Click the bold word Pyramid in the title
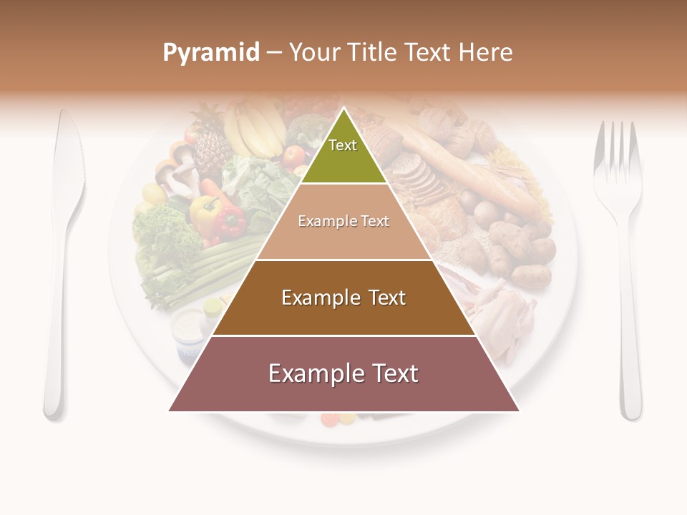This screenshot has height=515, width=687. coord(211,53)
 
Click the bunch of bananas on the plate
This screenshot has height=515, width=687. coord(254,129)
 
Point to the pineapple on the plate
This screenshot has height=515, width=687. coord(210,143)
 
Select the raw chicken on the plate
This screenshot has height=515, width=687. coord(501,315)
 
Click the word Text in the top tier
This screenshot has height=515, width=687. coord(343,145)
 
